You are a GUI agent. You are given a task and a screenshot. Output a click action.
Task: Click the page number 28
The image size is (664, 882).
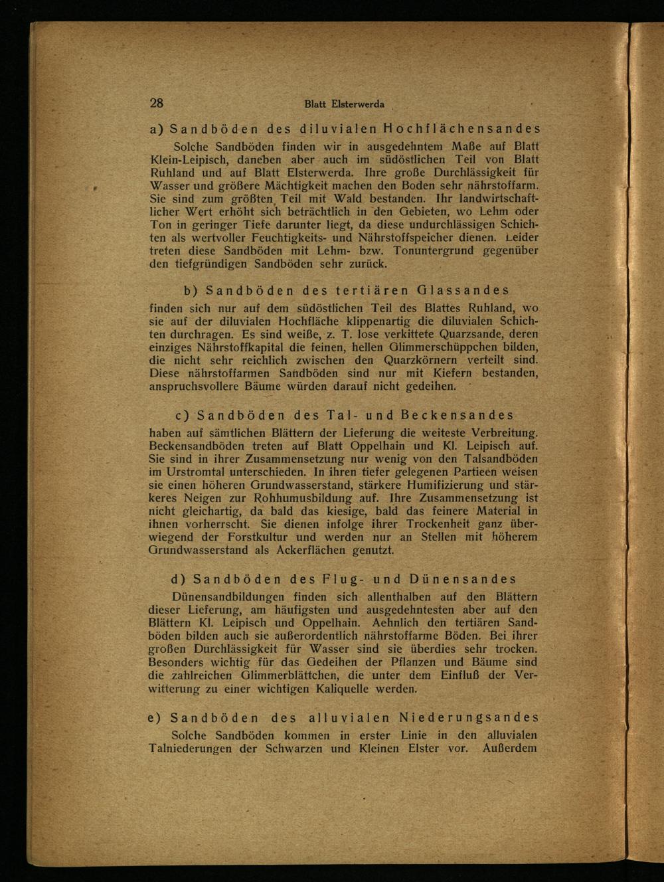[x=157, y=103]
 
